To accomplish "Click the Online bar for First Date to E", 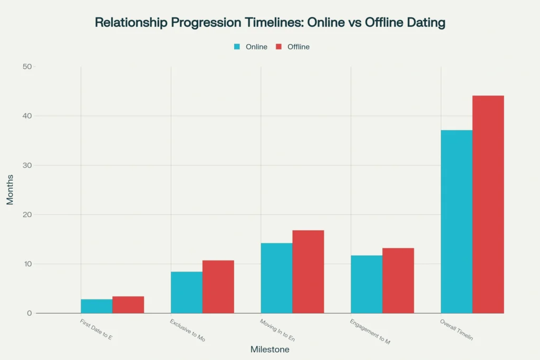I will (x=97, y=306).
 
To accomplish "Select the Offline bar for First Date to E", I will (x=128, y=305).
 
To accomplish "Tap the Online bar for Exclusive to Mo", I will (x=187, y=293).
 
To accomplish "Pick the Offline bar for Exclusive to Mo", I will (x=218, y=287).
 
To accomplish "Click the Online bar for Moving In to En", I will (x=276, y=278).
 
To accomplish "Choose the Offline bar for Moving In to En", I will (x=308, y=272).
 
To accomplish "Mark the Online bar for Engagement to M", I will (x=367, y=285).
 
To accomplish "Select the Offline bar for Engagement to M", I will (x=398, y=281).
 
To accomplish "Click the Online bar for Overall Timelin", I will (x=457, y=221).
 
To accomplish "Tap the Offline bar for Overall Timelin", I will (x=488, y=205).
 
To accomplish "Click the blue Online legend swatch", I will (x=237, y=47).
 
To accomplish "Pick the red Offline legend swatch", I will (x=279, y=47).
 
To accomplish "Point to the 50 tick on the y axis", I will (x=27, y=66).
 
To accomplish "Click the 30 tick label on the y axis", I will (x=27, y=165).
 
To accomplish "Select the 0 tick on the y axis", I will (x=29, y=313).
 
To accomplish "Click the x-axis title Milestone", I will (x=269, y=349).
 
